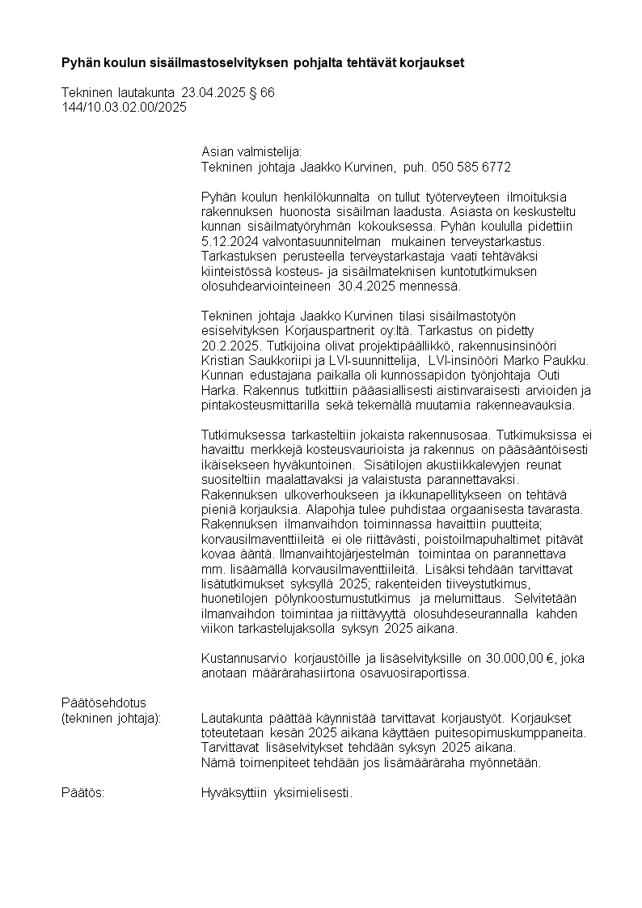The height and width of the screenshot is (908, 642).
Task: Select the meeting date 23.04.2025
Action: [x=211, y=93]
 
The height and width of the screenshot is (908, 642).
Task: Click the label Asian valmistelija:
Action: [x=251, y=152]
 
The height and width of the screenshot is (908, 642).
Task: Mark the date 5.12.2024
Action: [x=230, y=241]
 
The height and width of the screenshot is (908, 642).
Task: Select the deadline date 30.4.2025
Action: [x=361, y=285]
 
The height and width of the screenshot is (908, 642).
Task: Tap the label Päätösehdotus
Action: [x=103, y=702]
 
